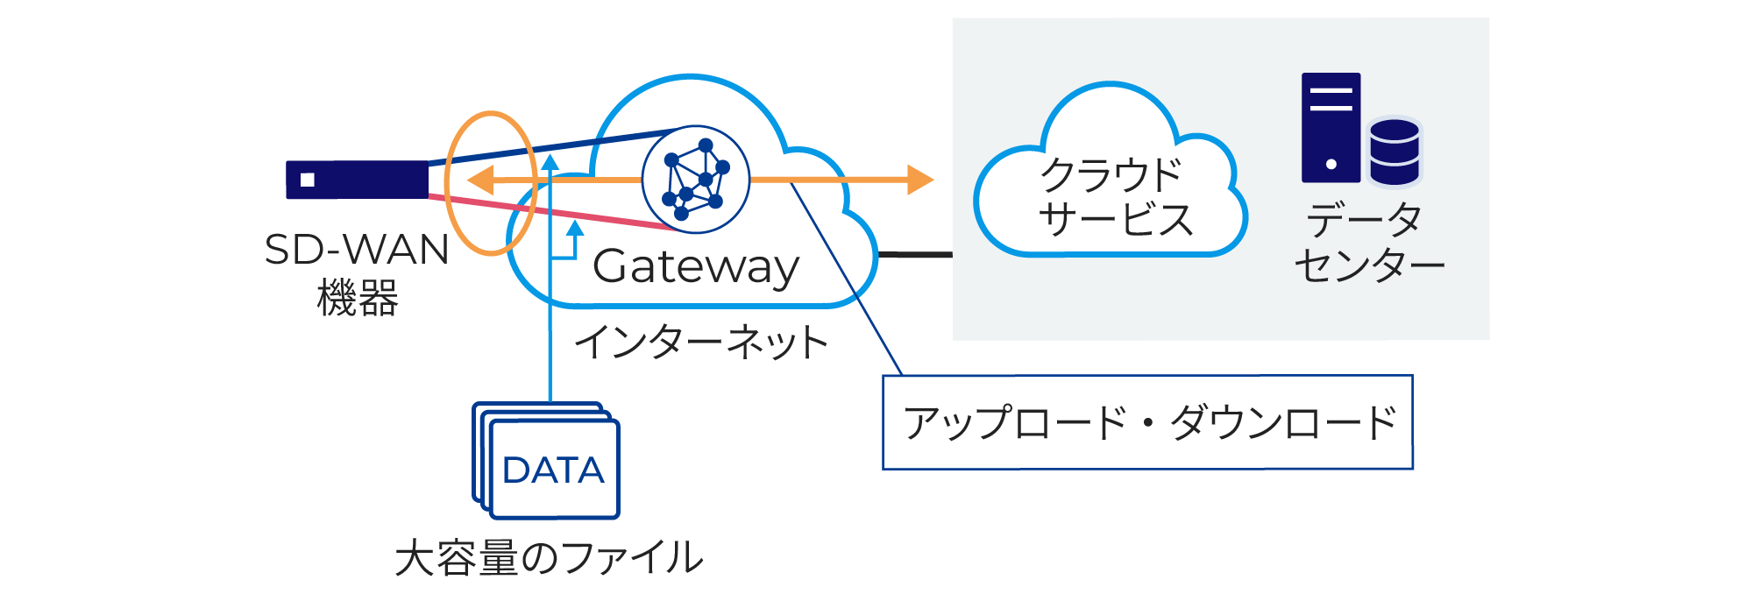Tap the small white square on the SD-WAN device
click(308, 180)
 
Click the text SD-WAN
click(357, 250)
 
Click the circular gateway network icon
click(696, 180)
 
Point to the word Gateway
click(696, 266)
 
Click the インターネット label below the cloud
click(701, 343)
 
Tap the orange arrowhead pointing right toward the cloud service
click(919, 180)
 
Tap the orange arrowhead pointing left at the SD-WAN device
click(480, 180)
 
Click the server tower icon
click(1331, 128)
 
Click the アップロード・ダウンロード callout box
click(1147, 422)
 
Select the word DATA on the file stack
click(553, 470)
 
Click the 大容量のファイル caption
click(549, 557)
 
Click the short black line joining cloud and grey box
click(914, 255)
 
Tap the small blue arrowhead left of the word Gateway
click(575, 229)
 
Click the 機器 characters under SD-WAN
click(357, 298)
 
